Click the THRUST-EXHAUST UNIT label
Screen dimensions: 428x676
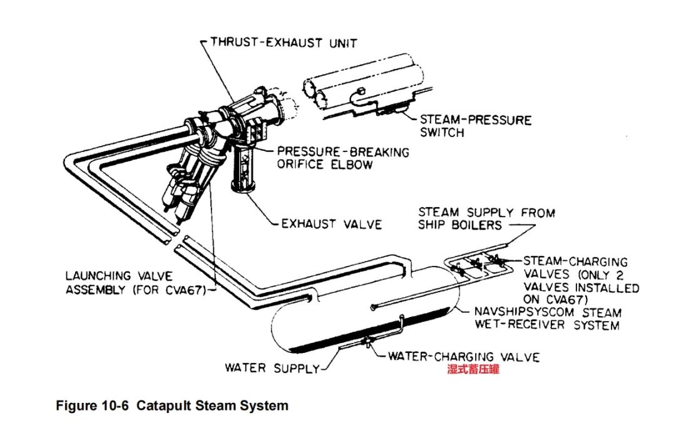(283, 43)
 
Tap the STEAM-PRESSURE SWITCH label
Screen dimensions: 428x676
(475, 126)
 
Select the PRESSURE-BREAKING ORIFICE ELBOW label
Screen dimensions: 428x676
(343, 158)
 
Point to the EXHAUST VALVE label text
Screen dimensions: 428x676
(331, 223)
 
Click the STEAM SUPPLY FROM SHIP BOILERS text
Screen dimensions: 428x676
(486, 218)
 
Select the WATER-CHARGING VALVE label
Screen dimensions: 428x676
(463, 357)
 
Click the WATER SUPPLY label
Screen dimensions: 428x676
(272, 368)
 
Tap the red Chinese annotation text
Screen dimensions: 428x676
(473, 370)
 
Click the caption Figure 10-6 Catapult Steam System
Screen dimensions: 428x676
(172, 405)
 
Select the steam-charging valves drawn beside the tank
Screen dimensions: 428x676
(479, 263)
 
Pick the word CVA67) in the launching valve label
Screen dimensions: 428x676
(188, 291)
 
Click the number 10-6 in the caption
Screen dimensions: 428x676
(114, 405)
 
